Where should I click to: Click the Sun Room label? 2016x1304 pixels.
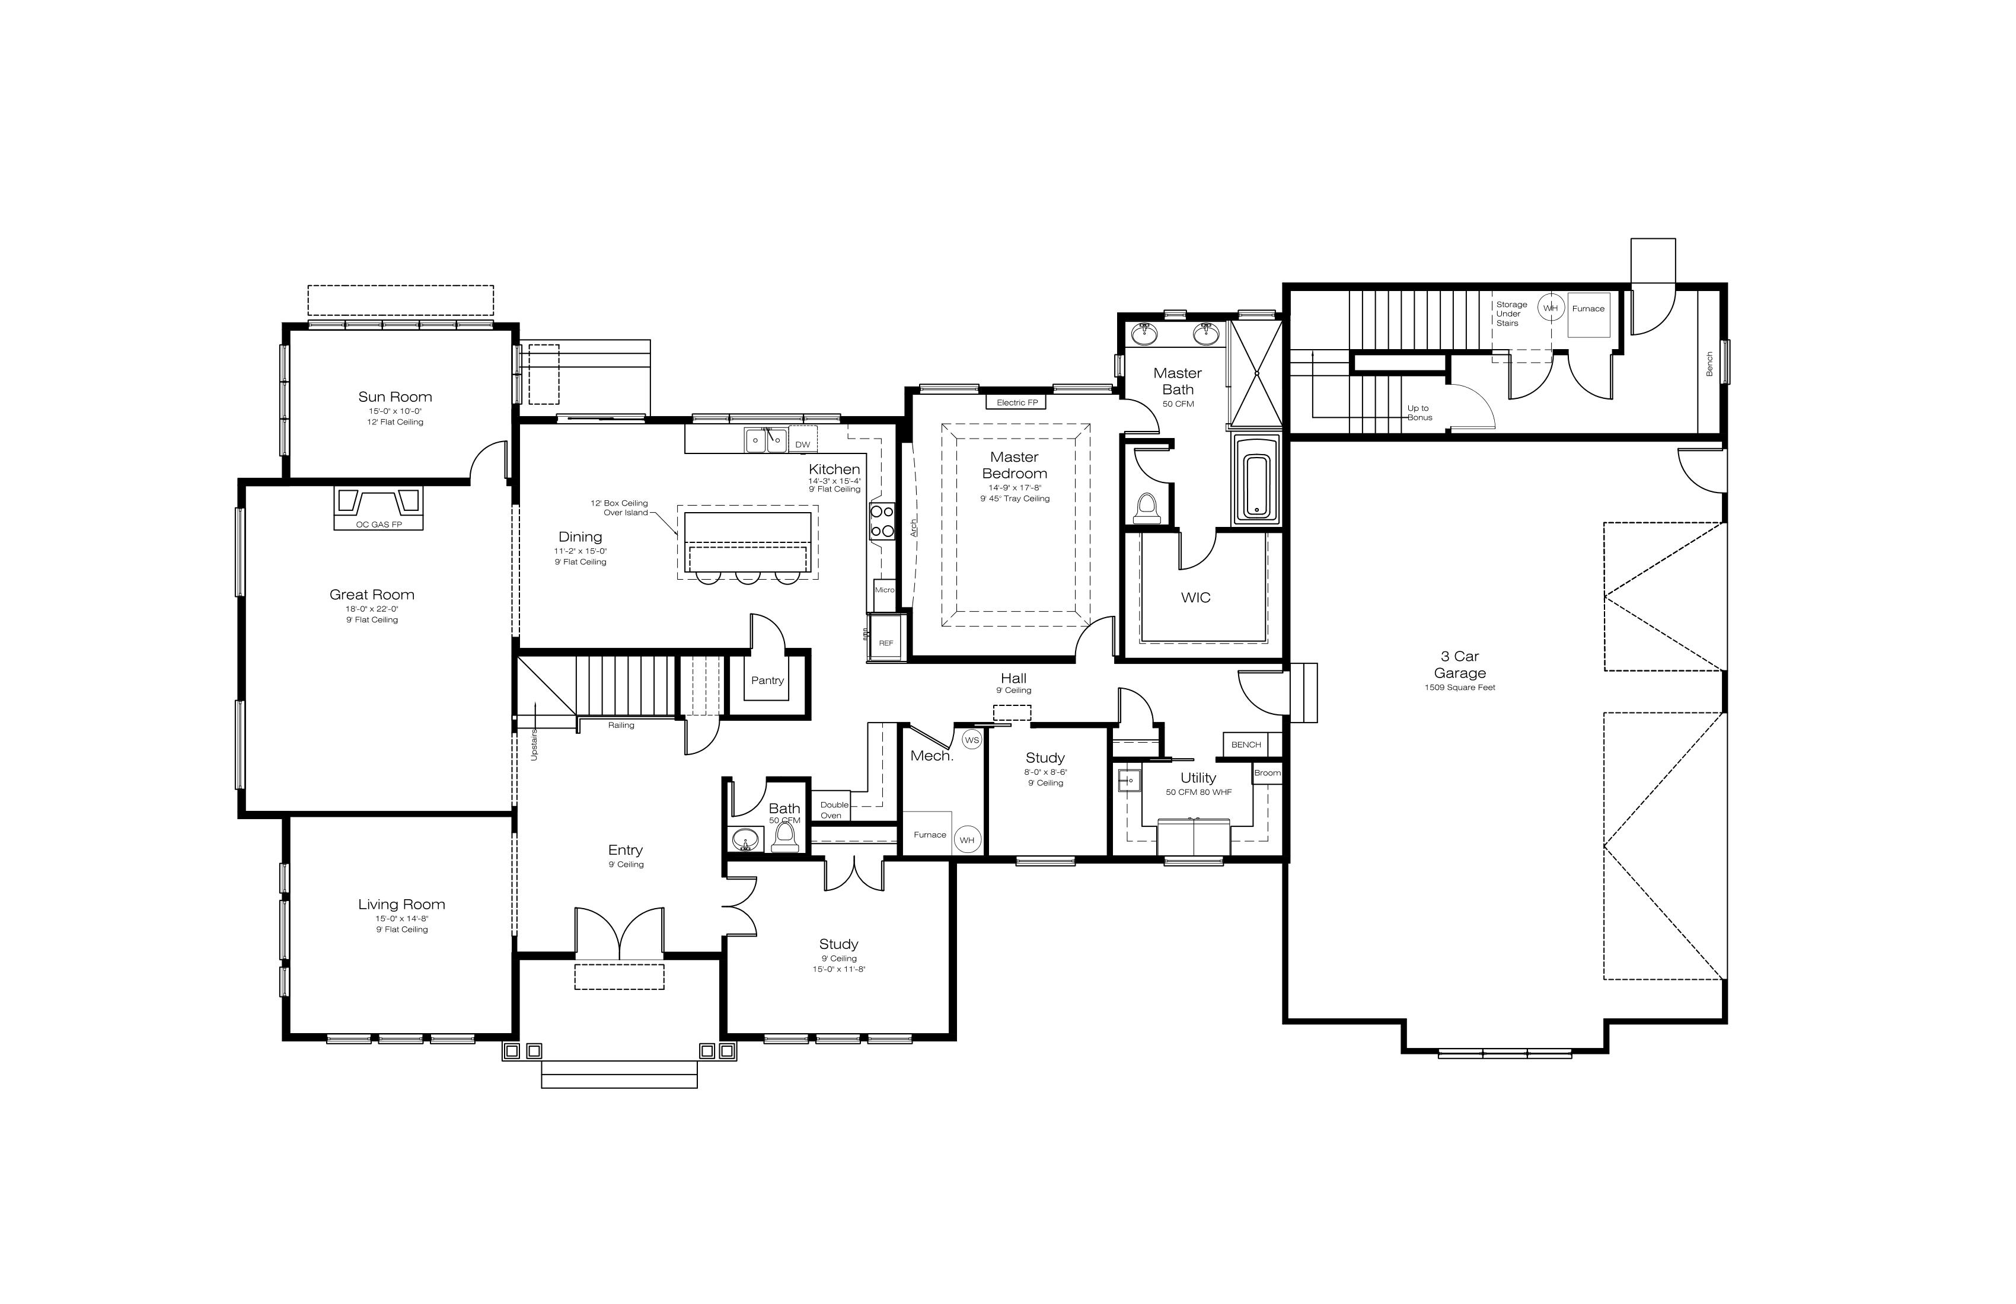click(395, 397)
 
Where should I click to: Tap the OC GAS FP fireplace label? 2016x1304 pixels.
click(379, 524)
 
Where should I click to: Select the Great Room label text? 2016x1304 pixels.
click(372, 595)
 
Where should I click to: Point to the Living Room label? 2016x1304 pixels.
click(401, 905)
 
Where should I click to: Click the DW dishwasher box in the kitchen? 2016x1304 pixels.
click(802, 444)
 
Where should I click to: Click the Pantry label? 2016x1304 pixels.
click(767, 680)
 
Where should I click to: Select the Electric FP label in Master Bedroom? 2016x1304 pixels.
click(1016, 402)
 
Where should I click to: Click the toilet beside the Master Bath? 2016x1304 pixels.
click(1146, 507)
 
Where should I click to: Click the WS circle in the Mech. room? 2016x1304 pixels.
click(972, 740)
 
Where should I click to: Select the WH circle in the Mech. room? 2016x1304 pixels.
click(966, 840)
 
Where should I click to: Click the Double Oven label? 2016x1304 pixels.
click(834, 810)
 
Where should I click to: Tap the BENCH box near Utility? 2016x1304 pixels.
click(1246, 744)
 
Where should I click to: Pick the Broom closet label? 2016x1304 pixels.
click(1267, 773)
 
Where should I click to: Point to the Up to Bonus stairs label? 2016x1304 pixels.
click(1420, 413)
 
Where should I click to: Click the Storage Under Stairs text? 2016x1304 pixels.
click(1511, 314)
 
